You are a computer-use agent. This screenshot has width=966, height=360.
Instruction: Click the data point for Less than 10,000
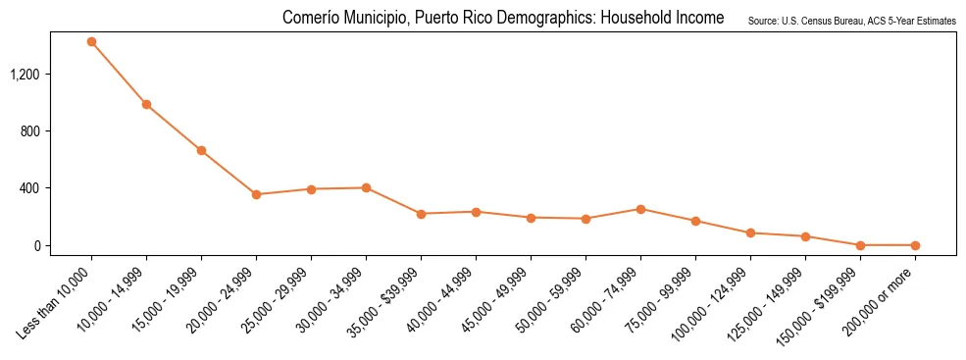pyautogui.click(x=91, y=41)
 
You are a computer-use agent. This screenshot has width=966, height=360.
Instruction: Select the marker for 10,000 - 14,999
pyautogui.click(x=146, y=104)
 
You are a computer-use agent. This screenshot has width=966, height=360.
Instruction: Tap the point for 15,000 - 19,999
pyautogui.click(x=201, y=150)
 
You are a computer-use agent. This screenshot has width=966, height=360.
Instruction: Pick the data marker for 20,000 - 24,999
pyautogui.click(x=256, y=194)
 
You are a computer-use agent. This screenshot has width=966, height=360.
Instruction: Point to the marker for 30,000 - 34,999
pyautogui.click(x=366, y=187)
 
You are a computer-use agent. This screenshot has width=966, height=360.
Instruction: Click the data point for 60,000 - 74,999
pyautogui.click(x=640, y=209)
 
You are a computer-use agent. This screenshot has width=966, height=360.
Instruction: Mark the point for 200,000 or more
pyautogui.click(x=915, y=245)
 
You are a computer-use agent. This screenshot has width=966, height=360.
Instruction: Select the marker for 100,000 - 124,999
pyautogui.click(x=750, y=232)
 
